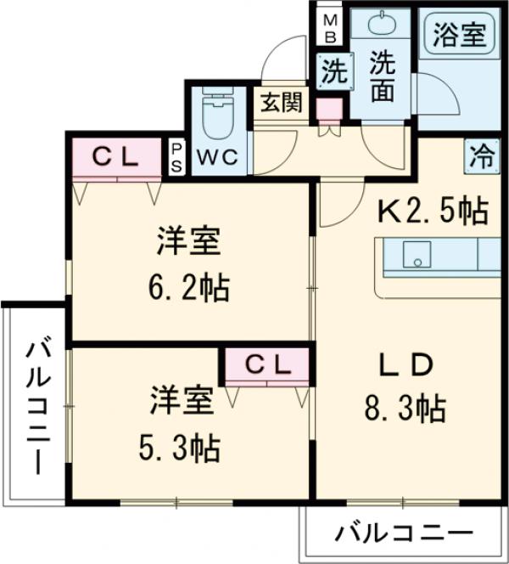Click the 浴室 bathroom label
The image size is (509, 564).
460,36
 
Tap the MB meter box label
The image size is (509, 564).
329,28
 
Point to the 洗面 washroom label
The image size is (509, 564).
382,76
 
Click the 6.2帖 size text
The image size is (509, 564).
188,288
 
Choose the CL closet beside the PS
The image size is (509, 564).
115,156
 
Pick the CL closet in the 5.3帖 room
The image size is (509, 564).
268,365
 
